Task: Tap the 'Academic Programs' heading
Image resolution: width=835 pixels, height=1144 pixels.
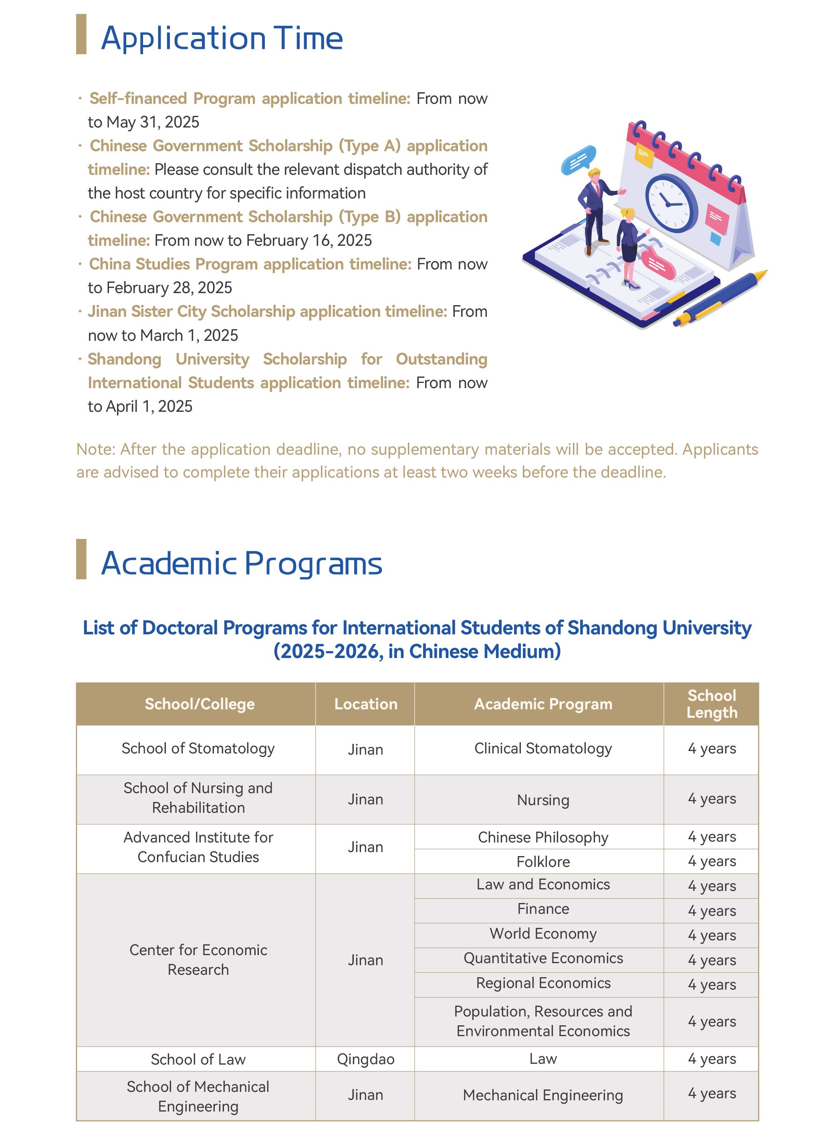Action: pyautogui.click(x=241, y=563)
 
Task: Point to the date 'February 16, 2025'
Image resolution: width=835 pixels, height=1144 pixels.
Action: pyautogui.click(x=309, y=240)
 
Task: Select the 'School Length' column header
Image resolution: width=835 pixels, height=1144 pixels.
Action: pyautogui.click(x=711, y=704)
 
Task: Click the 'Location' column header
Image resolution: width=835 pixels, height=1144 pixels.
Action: pyautogui.click(x=365, y=704)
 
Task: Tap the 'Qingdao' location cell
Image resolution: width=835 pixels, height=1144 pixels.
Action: pyautogui.click(x=365, y=1059)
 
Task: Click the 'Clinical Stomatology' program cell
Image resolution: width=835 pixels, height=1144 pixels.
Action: pyautogui.click(x=543, y=749)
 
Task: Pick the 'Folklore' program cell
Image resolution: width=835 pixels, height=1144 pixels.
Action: pyautogui.click(x=543, y=862)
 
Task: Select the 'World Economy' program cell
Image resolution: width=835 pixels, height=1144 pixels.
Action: pyautogui.click(x=543, y=933)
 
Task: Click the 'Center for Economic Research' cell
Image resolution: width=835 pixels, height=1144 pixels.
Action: pyautogui.click(x=198, y=960)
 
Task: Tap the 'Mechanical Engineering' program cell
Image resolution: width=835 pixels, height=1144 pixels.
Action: pyautogui.click(x=543, y=1095)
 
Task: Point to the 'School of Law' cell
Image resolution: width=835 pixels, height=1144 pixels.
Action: pyautogui.click(x=198, y=1059)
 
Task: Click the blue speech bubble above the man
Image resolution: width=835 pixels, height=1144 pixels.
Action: pyautogui.click(x=579, y=159)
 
